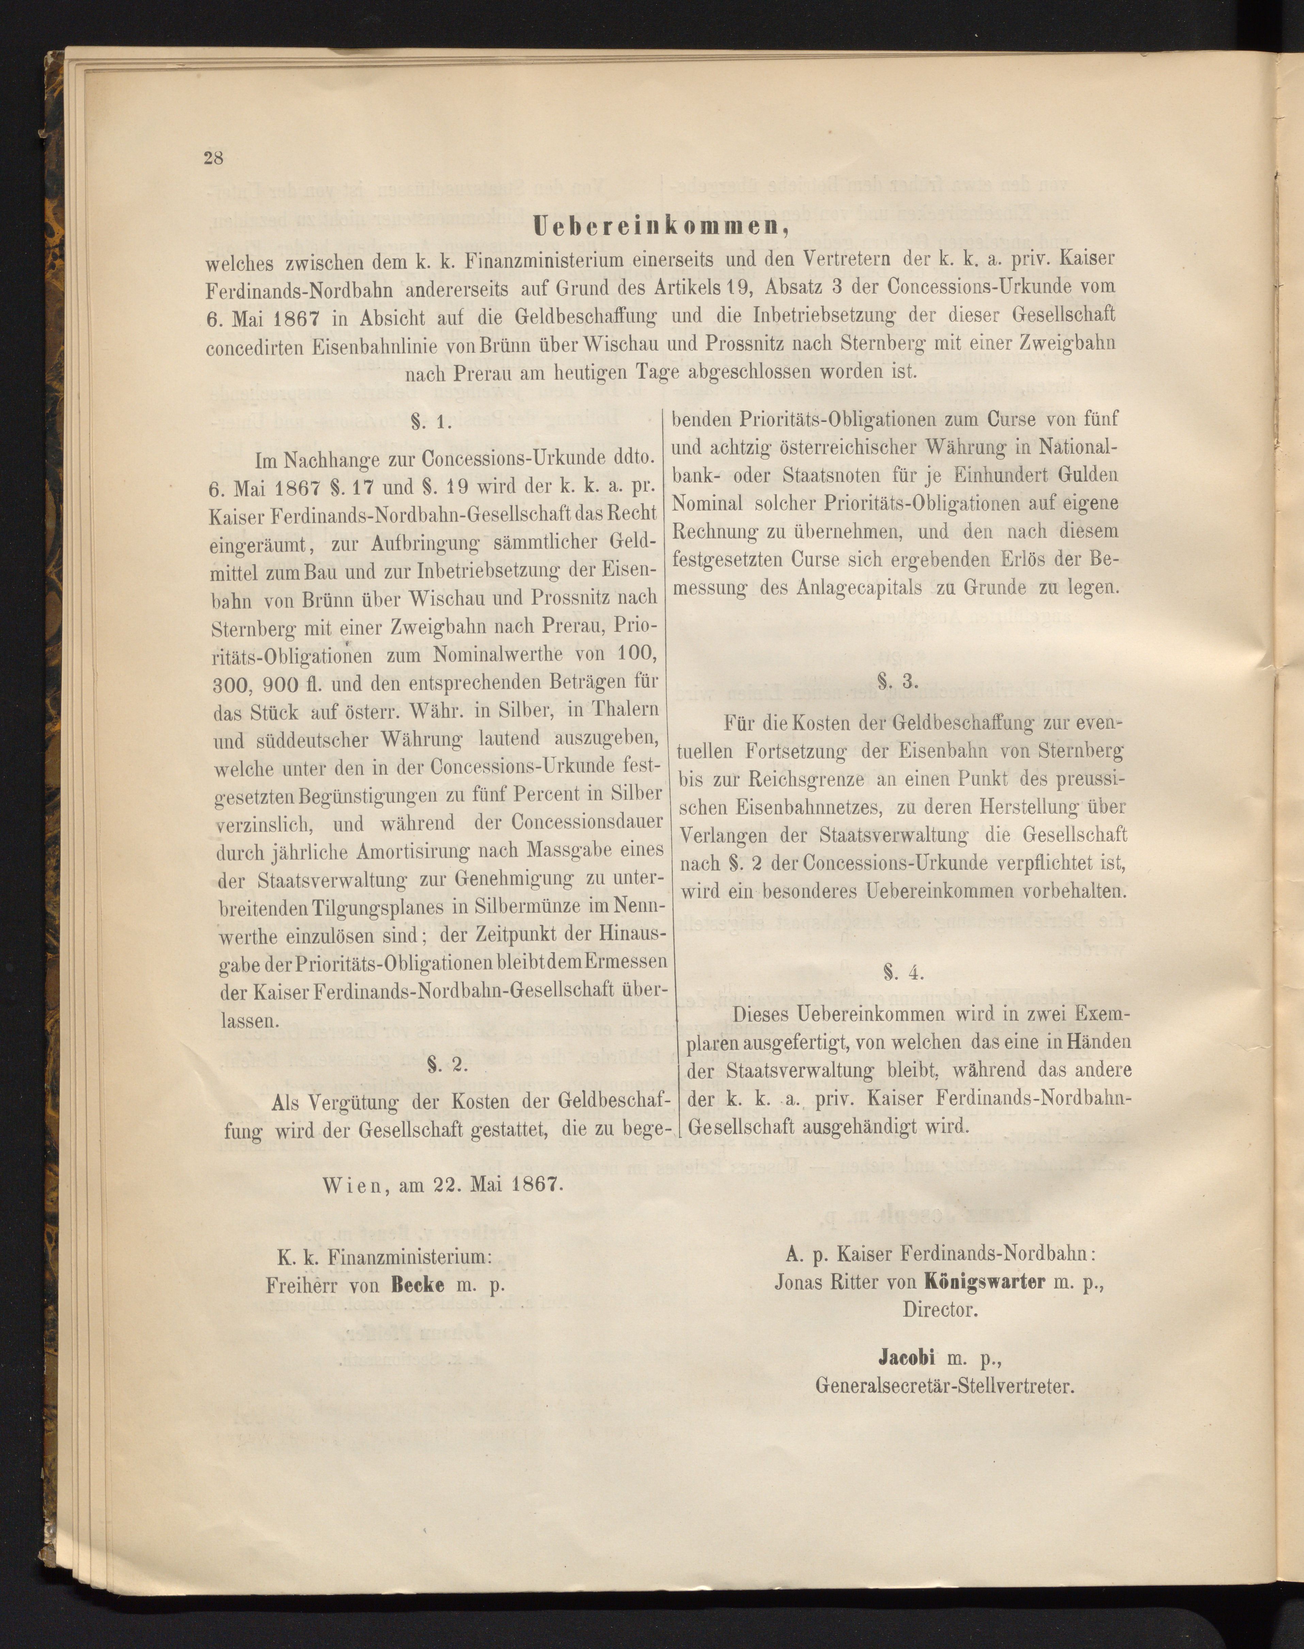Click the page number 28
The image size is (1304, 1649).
tap(213, 159)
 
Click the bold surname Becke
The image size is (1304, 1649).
tap(418, 1284)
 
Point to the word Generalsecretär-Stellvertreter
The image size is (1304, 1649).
tap(944, 1386)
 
